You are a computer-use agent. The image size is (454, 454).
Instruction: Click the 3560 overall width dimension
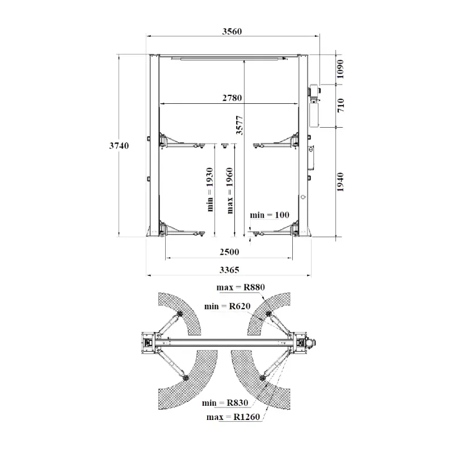(x=232, y=31)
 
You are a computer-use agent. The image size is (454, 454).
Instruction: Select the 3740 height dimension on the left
(x=119, y=145)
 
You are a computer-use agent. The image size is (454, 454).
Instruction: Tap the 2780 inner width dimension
(x=232, y=98)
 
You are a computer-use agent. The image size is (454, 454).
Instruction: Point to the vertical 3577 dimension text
(x=239, y=125)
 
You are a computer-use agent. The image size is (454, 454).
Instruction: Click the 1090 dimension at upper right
(x=340, y=69)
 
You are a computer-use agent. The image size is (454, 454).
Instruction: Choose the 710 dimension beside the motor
(x=341, y=106)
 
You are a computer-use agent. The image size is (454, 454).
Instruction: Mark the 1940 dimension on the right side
(x=340, y=182)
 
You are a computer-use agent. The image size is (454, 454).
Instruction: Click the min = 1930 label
(x=210, y=190)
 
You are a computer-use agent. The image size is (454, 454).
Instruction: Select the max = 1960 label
(x=230, y=191)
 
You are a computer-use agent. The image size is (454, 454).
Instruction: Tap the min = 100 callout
(x=269, y=215)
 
